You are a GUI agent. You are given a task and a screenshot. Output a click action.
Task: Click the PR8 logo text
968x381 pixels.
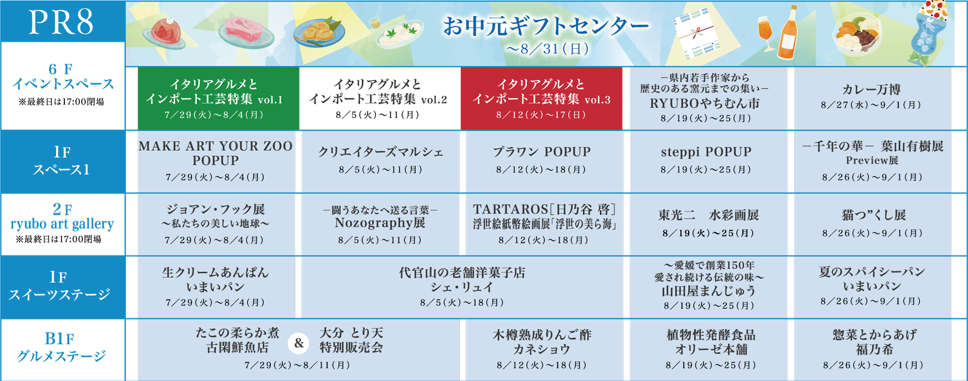(61, 22)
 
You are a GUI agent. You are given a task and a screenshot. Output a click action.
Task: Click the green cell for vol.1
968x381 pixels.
(218, 98)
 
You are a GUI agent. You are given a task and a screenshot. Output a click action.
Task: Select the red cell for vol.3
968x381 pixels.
(541, 98)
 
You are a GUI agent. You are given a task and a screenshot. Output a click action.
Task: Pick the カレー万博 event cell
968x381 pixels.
(873, 98)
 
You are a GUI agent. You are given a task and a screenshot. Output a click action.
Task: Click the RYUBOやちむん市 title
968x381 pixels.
(705, 103)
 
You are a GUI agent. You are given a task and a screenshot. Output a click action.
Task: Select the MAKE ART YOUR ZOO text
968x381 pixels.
(215, 146)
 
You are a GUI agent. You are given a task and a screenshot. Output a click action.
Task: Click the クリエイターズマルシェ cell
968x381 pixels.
(380, 161)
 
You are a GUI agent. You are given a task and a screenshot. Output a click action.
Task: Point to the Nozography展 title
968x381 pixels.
(380, 223)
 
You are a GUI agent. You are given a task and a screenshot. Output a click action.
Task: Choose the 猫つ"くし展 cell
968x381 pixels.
(873, 224)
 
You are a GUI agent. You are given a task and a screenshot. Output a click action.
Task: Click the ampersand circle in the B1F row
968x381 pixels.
(299, 343)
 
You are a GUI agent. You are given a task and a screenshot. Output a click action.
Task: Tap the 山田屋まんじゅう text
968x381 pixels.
(709, 291)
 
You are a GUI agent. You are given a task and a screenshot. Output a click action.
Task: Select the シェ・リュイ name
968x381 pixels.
(462, 287)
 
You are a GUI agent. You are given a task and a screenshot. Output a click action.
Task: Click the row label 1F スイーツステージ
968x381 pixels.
(60, 286)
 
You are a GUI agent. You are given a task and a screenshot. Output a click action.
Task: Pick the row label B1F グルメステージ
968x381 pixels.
(61, 347)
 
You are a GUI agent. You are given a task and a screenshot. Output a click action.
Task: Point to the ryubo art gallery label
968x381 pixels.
(62, 224)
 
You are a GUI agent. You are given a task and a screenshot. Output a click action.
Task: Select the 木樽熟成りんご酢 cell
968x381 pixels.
(542, 349)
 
